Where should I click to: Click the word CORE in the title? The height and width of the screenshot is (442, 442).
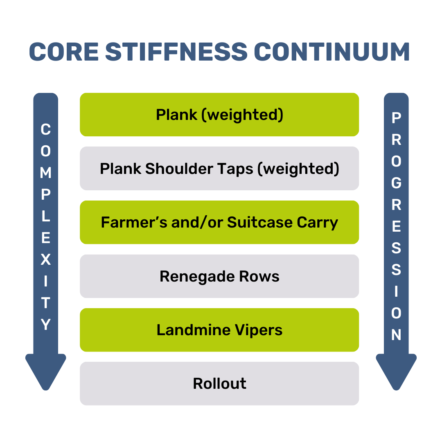point(64,52)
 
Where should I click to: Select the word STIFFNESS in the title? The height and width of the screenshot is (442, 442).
point(176,52)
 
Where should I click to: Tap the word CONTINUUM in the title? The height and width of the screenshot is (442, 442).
point(332,52)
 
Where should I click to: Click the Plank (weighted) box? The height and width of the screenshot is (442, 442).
point(219,115)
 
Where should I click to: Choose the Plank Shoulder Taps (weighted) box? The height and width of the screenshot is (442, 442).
point(219,169)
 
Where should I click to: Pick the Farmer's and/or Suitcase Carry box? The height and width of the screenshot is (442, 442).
point(219,222)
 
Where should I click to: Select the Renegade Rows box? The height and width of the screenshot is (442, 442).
point(219,276)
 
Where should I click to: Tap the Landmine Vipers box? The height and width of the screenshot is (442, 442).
point(219,330)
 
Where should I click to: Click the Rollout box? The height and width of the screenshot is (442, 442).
point(219,383)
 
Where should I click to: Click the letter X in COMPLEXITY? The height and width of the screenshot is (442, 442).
point(45,259)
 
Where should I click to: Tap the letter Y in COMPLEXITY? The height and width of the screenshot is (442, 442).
point(45,325)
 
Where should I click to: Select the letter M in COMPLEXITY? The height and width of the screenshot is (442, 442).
point(45,173)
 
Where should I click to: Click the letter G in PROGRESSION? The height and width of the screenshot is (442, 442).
point(396,183)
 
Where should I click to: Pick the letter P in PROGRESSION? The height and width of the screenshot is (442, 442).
point(396,118)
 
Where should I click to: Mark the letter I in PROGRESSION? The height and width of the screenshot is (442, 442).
point(396,292)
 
